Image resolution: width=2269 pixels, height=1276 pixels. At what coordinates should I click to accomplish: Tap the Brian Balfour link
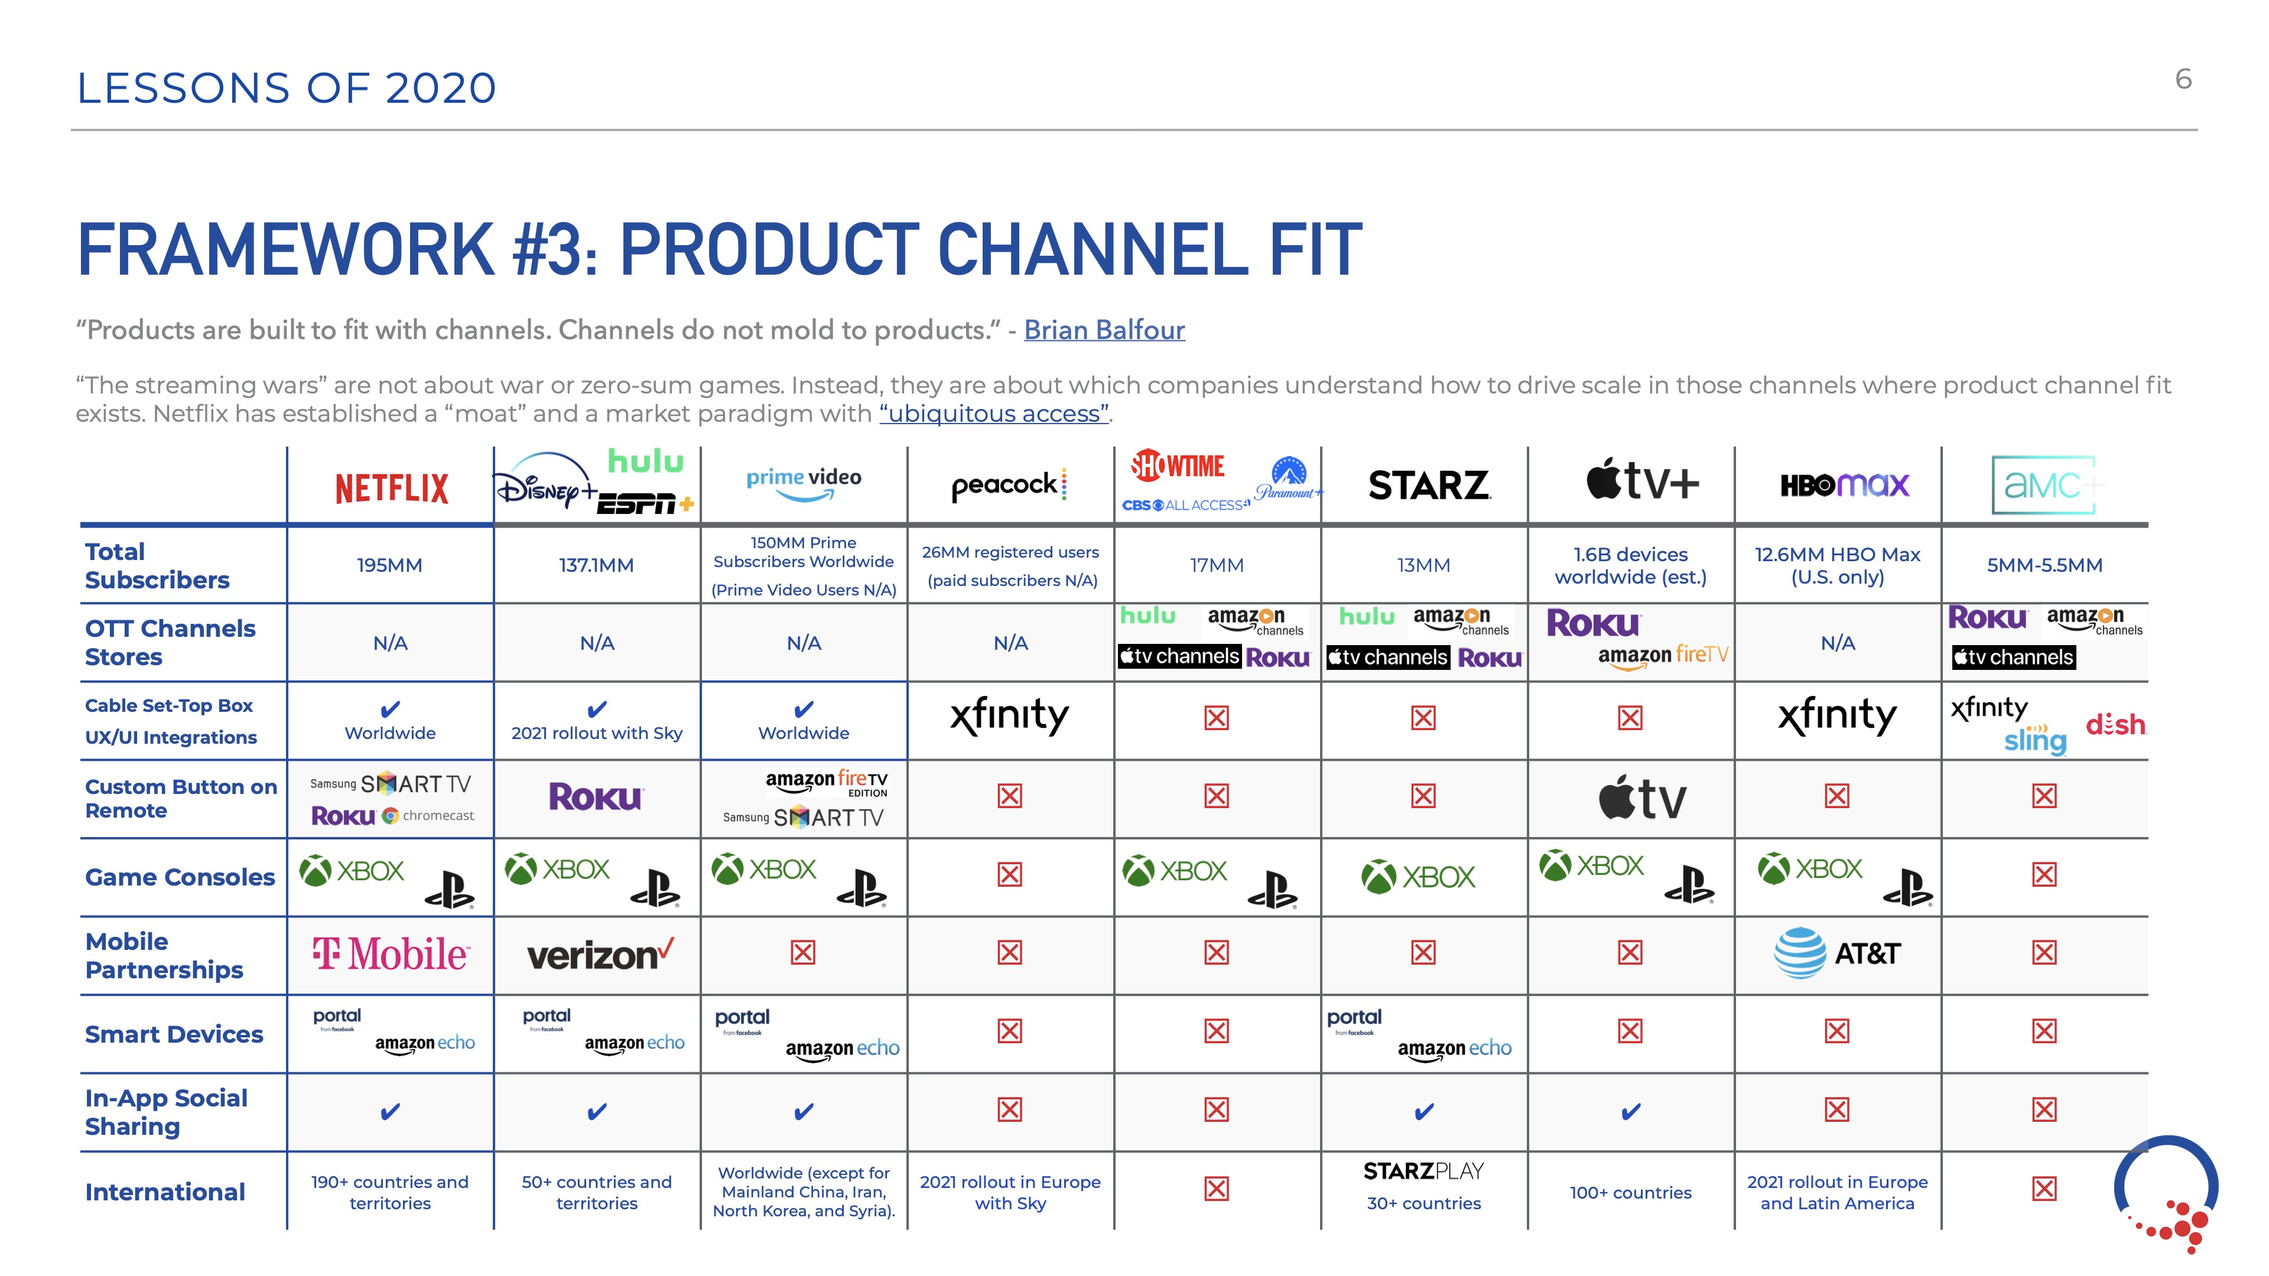point(1104,330)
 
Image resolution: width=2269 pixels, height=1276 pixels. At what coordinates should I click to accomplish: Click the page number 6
point(2183,79)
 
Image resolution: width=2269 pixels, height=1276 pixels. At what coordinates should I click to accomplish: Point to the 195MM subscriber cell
point(389,565)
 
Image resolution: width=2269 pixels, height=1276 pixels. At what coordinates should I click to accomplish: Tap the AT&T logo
point(1836,953)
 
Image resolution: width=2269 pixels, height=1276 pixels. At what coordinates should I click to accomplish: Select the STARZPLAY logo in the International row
point(1423,1171)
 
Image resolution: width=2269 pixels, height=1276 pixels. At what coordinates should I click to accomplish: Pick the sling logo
point(2034,741)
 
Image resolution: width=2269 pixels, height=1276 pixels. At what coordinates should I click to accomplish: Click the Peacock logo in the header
point(1009,484)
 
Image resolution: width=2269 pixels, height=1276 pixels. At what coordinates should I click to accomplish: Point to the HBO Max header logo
point(1844,484)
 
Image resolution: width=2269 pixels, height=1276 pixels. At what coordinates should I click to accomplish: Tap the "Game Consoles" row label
point(180,877)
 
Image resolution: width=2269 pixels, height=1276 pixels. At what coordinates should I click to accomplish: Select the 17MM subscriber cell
point(1217,565)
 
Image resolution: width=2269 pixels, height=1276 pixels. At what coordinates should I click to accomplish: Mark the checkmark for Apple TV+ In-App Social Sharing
point(1630,1111)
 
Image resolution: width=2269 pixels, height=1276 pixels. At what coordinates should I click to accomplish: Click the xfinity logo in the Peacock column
point(1009,716)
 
